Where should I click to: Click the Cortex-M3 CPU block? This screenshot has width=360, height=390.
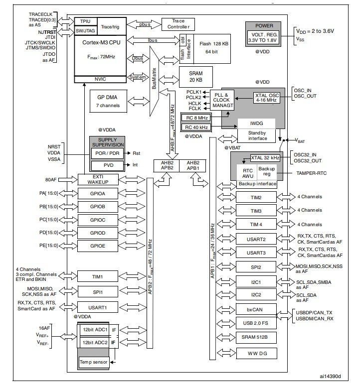[100, 55]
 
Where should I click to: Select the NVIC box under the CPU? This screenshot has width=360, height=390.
[100, 79]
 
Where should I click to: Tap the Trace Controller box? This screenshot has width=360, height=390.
[178, 24]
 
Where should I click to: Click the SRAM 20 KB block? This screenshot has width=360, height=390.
[195, 77]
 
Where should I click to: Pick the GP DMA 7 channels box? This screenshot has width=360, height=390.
[108, 101]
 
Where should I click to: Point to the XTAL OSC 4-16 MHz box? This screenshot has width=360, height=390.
[266, 98]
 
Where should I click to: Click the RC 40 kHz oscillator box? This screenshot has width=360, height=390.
[196, 128]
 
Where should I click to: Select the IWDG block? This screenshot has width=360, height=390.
[256, 124]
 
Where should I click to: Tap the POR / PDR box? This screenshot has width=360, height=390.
[107, 153]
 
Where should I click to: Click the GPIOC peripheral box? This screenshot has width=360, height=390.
[98, 220]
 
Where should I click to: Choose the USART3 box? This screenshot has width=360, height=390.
[256, 253]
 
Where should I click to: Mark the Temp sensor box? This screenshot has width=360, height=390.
[93, 362]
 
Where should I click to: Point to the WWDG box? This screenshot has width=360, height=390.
[256, 354]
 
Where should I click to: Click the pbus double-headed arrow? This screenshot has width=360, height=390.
[144, 24]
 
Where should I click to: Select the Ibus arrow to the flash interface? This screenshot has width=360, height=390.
[153, 40]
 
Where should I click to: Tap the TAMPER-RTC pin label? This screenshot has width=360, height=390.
[311, 173]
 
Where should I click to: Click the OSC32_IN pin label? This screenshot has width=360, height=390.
[305, 155]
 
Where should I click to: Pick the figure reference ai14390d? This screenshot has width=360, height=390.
[330, 376]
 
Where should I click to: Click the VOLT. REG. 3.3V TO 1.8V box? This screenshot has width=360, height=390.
[263, 37]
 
